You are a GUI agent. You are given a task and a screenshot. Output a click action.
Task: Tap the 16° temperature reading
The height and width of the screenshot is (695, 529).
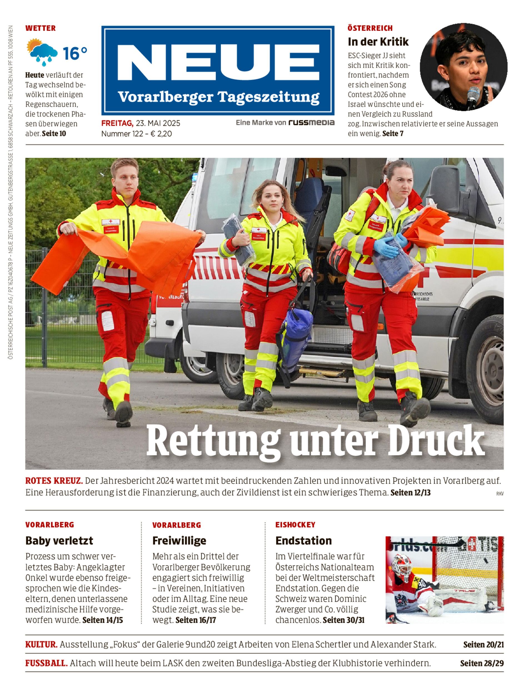[75, 53]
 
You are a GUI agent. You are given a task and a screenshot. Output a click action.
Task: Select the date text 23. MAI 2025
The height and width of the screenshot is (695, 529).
[158, 123]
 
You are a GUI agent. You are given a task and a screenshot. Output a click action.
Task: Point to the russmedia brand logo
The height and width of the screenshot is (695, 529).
[311, 123]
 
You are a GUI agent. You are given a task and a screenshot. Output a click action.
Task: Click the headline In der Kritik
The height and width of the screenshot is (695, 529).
[378, 42]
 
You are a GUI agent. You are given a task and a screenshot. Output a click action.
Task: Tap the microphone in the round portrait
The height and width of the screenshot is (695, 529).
[472, 96]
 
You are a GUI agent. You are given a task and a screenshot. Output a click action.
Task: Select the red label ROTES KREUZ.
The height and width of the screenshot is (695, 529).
[54, 481]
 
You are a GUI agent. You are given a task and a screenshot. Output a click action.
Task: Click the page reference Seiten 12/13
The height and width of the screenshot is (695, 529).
[410, 492]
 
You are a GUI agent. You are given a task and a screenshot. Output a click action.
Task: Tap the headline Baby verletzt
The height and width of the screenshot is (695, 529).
[59, 541]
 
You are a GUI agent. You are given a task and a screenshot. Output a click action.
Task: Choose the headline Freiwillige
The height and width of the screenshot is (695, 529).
[179, 541]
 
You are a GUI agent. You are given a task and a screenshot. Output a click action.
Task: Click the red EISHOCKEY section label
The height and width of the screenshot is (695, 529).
[295, 525]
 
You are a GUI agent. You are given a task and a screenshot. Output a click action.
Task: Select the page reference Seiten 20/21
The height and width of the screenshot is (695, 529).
[483, 645]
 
